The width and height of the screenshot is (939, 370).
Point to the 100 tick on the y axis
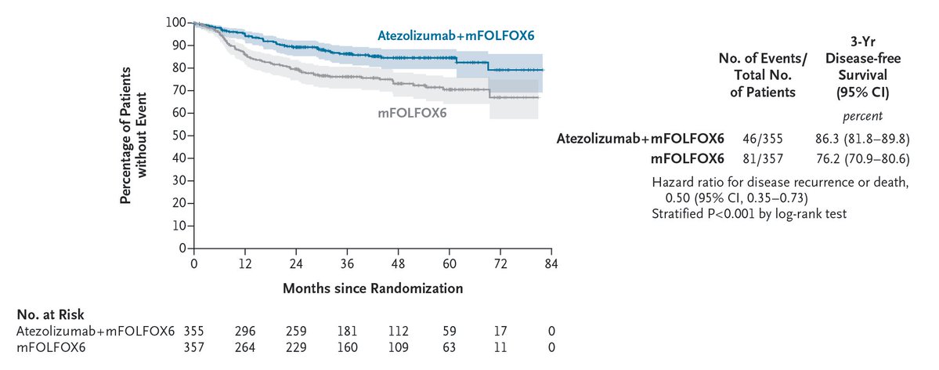pos(176,22)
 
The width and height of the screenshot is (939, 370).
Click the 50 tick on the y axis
pos(179,136)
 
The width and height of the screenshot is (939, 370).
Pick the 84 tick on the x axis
pos(551,263)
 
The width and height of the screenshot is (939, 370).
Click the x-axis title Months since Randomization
pos(373,288)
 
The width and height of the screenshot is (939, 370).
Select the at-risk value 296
pos(244,331)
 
